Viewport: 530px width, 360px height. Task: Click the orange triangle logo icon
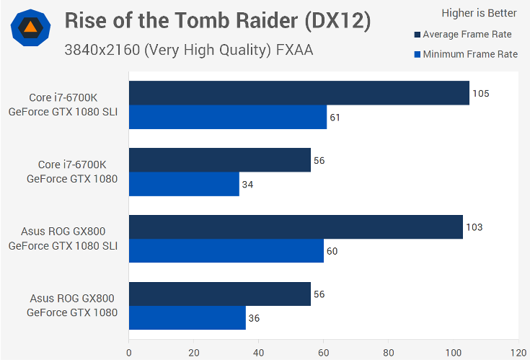(x=31, y=28)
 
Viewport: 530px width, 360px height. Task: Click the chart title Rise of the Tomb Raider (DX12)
(x=218, y=21)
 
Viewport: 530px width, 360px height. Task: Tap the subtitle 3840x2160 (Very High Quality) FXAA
(x=188, y=50)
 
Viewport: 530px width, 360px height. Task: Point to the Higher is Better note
(x=479, y=13)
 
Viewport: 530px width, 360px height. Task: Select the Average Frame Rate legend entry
(x=466, y=34)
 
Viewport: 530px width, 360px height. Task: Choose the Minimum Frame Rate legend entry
(x=466, y=54)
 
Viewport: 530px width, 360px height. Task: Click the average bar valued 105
(x=299, y=93)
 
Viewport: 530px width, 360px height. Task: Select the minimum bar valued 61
(x=228, y=117)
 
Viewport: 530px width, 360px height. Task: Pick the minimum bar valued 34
(x=184, y=184)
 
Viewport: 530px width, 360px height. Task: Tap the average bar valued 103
(x=296, y=227)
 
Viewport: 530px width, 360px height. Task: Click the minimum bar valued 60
(x=226, y=251)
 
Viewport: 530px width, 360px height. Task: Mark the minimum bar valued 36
(x=187, y=317)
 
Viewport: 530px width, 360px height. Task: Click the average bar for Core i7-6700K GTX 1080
(x=220, y=160)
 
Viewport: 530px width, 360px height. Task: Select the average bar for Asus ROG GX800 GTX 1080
(x=220, y=294)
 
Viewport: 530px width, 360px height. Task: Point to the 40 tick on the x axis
(x=259, y=353)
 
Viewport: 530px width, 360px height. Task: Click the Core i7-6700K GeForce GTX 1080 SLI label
(x=63, y=105)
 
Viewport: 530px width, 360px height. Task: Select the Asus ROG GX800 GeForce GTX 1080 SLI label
(x=63, y=239)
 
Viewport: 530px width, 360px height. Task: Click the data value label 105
(x=481, y=93)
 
